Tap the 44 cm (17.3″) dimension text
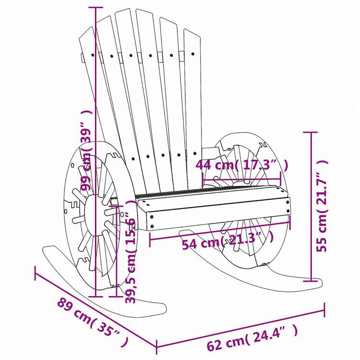pos(241,165)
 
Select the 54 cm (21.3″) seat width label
pos(228,240)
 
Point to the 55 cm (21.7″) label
pos(322,206)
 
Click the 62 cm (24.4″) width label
pos(252,337)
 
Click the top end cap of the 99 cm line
pos(96,8)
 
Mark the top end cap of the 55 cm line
pos(311,132)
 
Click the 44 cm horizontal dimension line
pos(241,179)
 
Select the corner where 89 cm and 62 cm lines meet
pos(156,347)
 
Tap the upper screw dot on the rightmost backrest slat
pos(192,54)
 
